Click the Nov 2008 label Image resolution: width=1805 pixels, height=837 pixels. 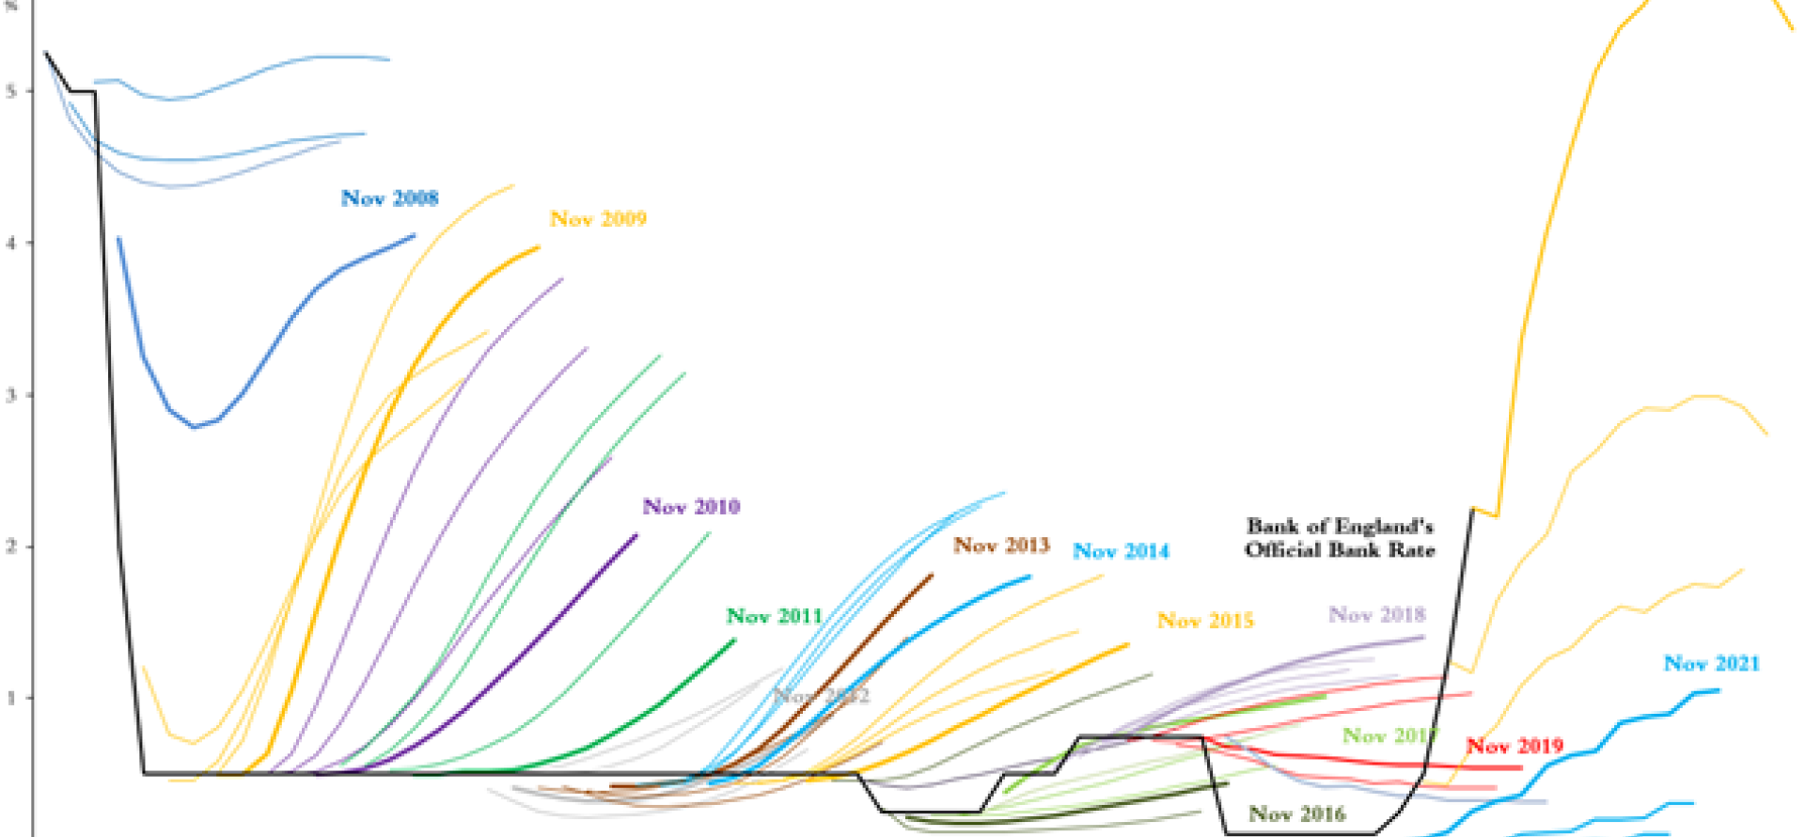(389, 198)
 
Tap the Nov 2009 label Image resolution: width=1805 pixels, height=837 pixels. (598, 219)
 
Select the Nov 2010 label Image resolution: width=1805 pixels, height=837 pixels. (691, 507)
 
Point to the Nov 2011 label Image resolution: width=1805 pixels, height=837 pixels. (774, 617)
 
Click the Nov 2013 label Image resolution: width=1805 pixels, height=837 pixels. (1001, 545)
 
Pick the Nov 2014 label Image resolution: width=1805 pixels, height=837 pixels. (1121, 551)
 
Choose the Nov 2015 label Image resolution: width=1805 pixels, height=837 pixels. (1205, 621)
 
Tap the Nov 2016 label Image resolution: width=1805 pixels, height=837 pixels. (1296, 814)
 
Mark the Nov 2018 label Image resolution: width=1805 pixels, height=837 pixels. (1376, 615)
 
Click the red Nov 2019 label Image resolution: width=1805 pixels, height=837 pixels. (1515, 747)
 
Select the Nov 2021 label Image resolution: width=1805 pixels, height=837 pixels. (1711, 664)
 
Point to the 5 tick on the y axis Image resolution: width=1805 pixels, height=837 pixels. (11, 91)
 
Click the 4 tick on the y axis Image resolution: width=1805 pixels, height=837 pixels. (11, 243)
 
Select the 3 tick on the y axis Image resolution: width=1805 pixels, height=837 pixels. (11, 395)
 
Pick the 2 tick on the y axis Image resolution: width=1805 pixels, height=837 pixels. (11, 546)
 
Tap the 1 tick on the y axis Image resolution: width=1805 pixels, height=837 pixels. (11, 698)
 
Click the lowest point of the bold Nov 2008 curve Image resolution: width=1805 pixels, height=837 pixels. (195, 427)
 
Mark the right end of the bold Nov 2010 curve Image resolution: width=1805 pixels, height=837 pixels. (636, 535)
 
